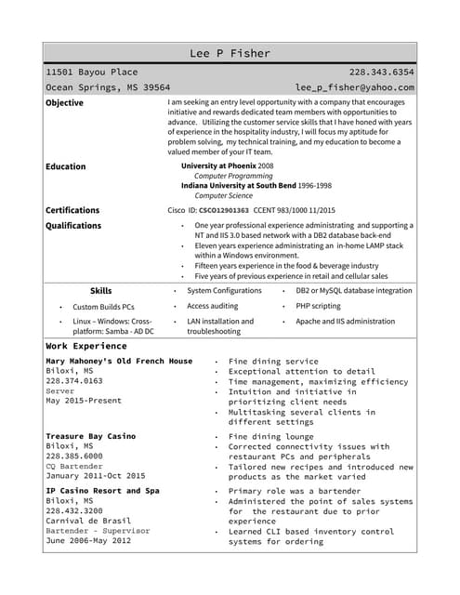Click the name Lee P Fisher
230,53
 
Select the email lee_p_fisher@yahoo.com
355,87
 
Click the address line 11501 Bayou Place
92,72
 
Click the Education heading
65,166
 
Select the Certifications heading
72,210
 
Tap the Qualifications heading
73,226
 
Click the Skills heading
101,291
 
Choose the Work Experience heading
86,346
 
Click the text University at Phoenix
218,165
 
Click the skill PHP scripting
319,306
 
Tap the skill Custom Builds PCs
103,307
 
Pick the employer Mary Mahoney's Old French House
119,361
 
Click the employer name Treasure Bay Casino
90,436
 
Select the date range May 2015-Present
84,401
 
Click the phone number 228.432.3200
74,510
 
